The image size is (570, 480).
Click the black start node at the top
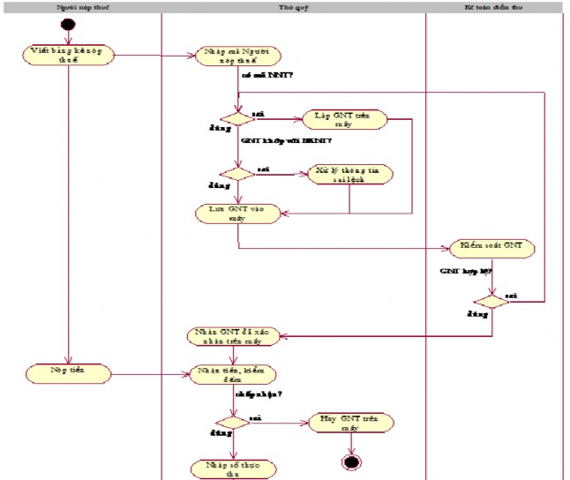click(x=68, y=23)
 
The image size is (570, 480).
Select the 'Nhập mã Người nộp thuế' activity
click(x=238, y=56)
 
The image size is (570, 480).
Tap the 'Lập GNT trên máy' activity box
click(x=346, y=120)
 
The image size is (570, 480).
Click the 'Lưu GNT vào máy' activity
click(x=238, y=213)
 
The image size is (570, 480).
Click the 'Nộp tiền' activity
click(x=67, y=373)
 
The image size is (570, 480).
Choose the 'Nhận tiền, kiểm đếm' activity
click(x=233, y=374)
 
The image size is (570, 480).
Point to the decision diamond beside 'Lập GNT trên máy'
click(x=236, y=119)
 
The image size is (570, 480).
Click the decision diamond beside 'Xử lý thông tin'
click(x=236, y=173)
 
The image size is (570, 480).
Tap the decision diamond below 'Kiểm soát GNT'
click(x=491, y=301)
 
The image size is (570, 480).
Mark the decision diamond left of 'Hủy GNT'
click(x=233, y=422)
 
